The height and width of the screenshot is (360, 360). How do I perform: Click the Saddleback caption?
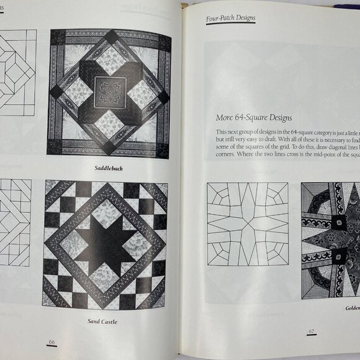108,168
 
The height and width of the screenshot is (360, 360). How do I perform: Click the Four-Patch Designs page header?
230,19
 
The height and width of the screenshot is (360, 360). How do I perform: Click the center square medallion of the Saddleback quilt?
110,92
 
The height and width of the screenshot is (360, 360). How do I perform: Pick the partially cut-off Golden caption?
350,308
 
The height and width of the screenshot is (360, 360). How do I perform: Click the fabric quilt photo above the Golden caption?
330,240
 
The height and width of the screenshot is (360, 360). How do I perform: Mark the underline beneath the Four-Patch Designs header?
230,24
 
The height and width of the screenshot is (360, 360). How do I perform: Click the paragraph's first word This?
222,132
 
